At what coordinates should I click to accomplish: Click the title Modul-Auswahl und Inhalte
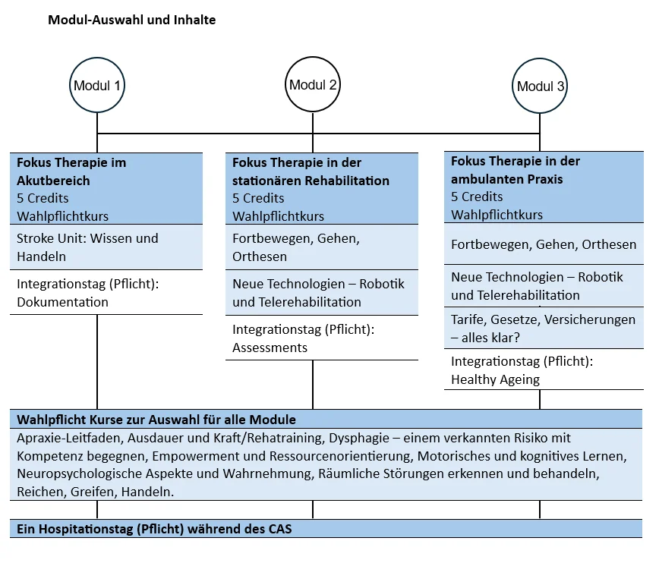(x=131, y=20)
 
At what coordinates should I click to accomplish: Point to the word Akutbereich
(x=53, y=181)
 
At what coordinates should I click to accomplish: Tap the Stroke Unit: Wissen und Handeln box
(x=106, y=247)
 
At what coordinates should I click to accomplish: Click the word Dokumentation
(x=62, y=302)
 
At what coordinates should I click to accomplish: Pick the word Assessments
(x=270, y=348)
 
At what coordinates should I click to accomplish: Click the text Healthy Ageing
(x=495, y=379)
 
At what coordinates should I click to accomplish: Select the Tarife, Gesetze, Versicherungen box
(x=544, y=328)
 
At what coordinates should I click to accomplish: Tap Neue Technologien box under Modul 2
(x=322, y=292)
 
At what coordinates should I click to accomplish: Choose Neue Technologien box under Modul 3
(x=544, y=286)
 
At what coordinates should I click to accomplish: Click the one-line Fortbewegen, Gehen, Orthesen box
(x=544, y=244)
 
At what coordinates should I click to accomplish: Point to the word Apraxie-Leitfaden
(x=69, y=439)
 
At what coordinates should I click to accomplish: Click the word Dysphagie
(x=359, y=439)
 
